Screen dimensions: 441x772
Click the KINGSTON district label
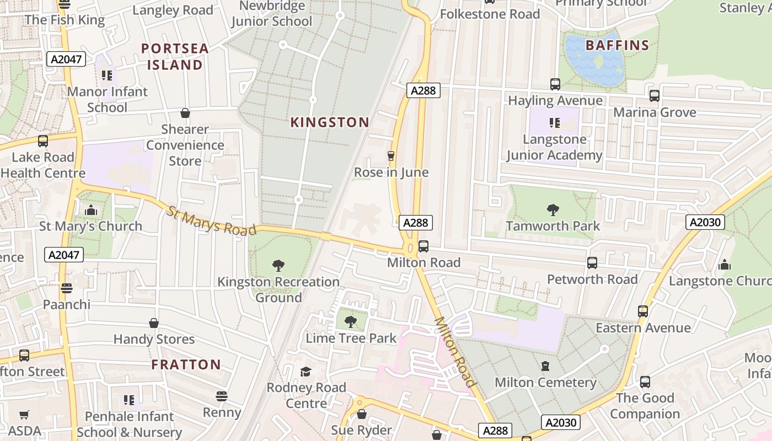[330, 122]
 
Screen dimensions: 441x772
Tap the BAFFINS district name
[617, 45]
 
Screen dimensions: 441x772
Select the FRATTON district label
[186, 364]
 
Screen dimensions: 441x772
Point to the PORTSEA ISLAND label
[175, 57]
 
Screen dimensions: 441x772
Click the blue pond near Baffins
[594, 60]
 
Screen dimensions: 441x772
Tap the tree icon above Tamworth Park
[553, 209]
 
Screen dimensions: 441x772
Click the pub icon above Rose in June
[391, 156]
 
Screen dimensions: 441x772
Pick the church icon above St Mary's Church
[90, 210]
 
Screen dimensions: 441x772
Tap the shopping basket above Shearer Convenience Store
[185, 113]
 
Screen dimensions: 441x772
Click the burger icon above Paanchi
[67, 288]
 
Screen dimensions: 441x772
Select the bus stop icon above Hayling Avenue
[555, 84]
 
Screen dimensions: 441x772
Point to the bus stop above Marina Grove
[654, 96]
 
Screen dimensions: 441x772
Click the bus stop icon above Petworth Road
[592, 263]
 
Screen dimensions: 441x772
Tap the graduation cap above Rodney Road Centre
[306, 372]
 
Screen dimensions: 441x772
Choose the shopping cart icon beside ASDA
[24, 415]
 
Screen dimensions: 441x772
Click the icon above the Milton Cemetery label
[545, 366]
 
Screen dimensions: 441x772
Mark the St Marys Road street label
[212, 220]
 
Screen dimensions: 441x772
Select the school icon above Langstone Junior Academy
[554, 123]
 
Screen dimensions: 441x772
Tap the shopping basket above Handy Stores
[154, 323]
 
